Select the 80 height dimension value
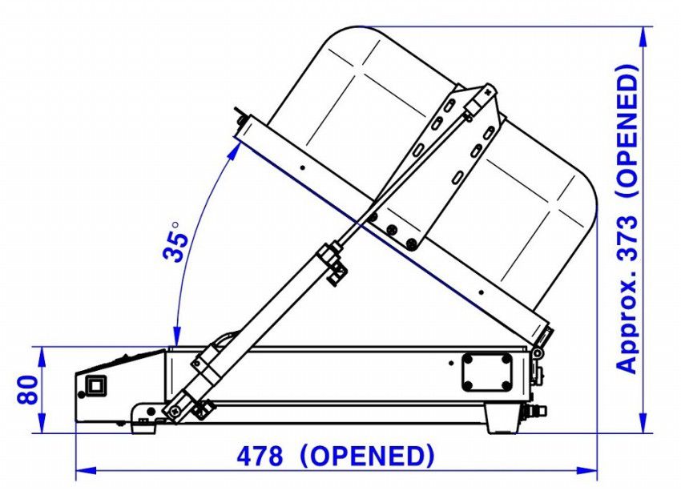[27, 390]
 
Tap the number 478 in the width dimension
[260, 457]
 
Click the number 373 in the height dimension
[627, 238]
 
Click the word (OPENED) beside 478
[367, 457]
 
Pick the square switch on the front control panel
[96, 386]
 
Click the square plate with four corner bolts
[486, 372]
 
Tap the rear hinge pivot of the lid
[538, 352]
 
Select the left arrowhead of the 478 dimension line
[86, 470]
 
